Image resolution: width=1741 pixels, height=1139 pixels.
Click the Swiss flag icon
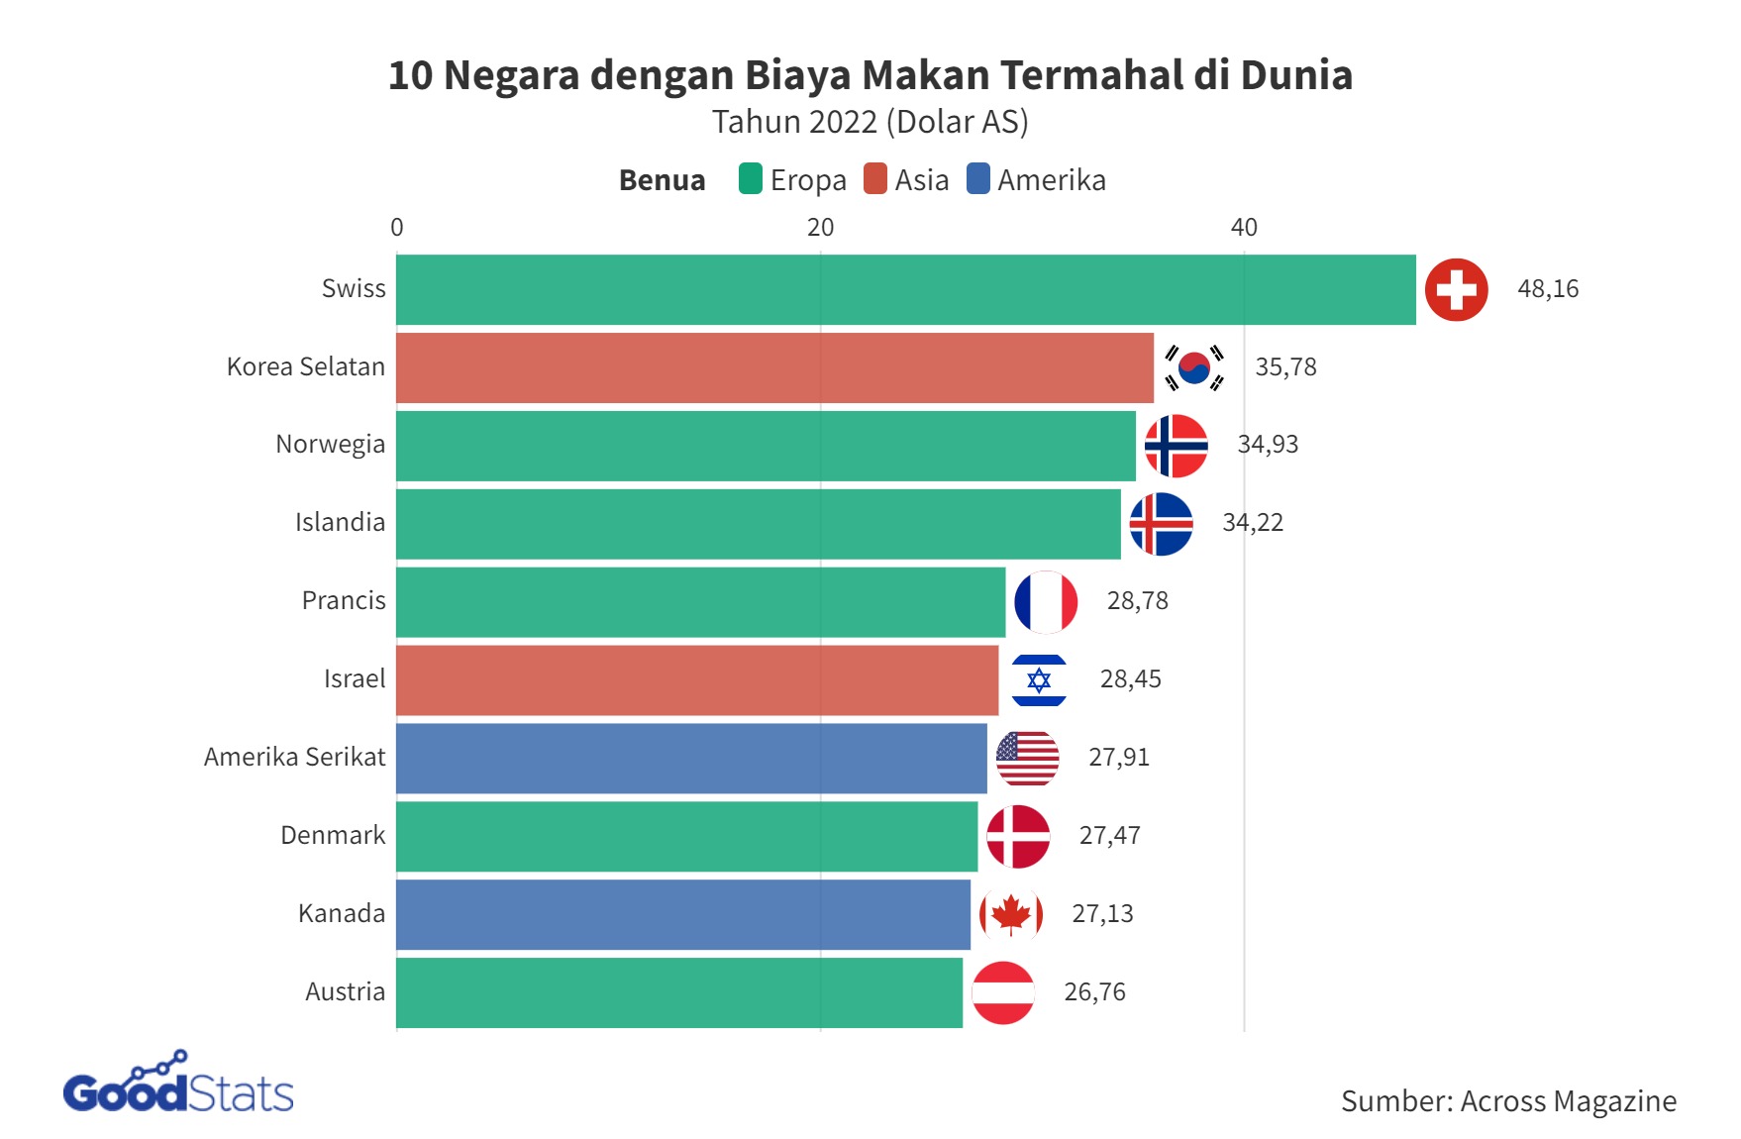[x=1456, y=289]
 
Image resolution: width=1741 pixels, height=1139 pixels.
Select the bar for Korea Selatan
[x=774, y=367]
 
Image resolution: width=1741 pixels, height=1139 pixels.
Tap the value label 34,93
[x=1268, y=445]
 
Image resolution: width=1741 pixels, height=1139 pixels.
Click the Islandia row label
[x=340, y=523]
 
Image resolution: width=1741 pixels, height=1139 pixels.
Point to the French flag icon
[x=1046, y=601]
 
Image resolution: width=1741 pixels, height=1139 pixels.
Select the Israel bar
[x=697, y=679]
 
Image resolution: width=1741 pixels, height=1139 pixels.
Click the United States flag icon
[x=1027, y=758]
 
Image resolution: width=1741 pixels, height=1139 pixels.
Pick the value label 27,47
[x=1109, y=836]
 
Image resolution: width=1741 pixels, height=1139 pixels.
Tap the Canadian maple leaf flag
[x=1010, y=914]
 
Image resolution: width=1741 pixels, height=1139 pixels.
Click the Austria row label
[x=345, y=992]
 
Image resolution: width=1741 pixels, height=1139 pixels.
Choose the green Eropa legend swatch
[x=751, y=179]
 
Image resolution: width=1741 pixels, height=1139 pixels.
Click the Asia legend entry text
[x=921, y=180]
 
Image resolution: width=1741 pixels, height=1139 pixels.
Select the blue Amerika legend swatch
[x=977, y=179]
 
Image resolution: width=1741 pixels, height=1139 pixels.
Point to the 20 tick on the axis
[x=820, y=228]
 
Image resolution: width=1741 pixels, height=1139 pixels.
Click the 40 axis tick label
[x=1244, y=228]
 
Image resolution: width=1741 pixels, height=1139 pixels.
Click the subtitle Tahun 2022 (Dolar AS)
[x=870, y=122]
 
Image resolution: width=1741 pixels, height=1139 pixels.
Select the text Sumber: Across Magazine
[x=1508, y=1101]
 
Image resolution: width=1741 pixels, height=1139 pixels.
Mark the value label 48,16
[x=1548, y=289]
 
